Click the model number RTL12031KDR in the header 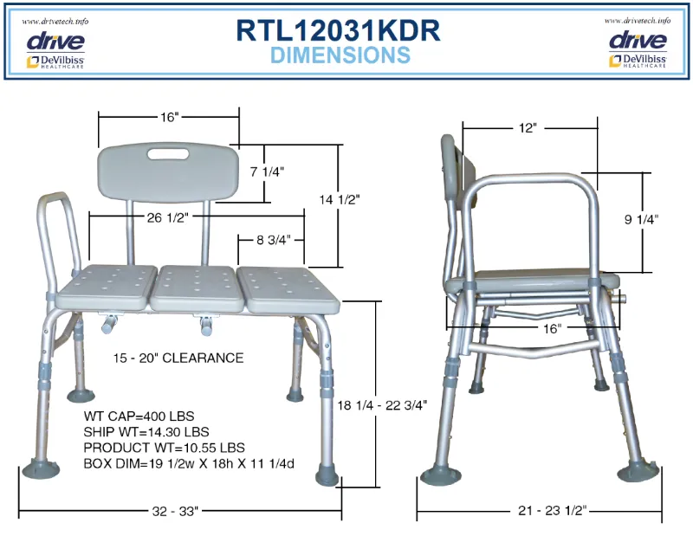(x=338, y=31)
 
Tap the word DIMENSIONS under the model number (x=340, y=55)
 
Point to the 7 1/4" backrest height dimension (x=267, y=171)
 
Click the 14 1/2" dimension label (x=340, y=200)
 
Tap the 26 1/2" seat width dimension (x=168, y=217)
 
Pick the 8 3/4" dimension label (x=274, y=240)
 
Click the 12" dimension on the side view (x=528, y=128)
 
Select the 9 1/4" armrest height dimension (x=641, y=219)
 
